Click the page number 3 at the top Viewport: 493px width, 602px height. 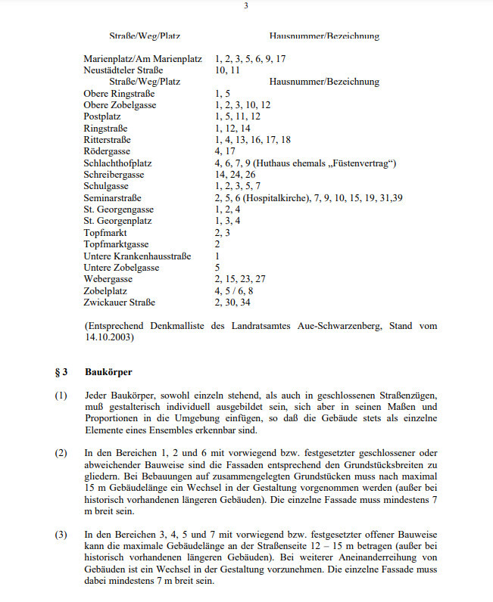coord(246,6)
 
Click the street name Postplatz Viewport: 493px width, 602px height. coord(105,116)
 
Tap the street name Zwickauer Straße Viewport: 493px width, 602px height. coord(120,303)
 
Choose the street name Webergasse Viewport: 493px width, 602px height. coord(108,279)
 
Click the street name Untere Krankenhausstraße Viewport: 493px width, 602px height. coord(136,256)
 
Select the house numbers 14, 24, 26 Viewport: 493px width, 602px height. coord(235,175)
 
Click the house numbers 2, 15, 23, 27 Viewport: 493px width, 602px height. coord(240,279)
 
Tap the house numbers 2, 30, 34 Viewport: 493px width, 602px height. coord(232,303)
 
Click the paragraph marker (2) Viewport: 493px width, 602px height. coord(61,452)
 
